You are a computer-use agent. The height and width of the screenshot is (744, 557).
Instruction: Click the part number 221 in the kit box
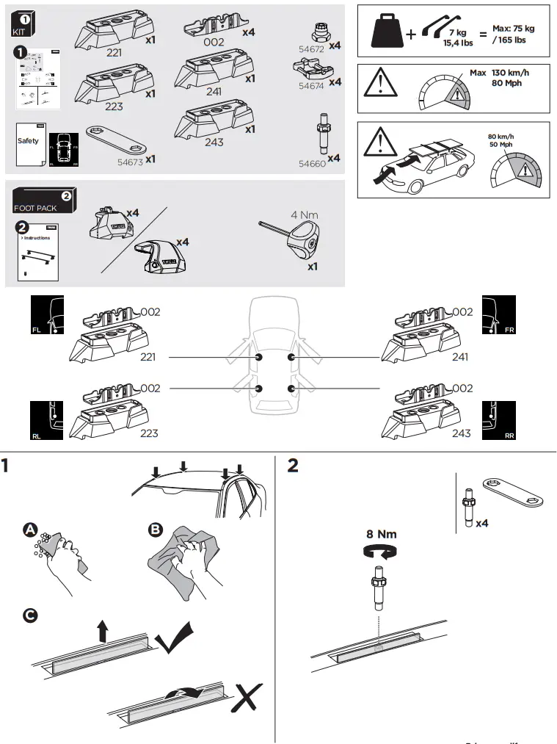point(114,54)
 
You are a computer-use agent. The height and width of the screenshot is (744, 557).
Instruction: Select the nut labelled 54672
point(320,33)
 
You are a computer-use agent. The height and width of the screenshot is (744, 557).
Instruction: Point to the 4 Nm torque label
point(304,214)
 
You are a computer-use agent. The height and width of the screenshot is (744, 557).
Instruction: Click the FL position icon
point(47,317)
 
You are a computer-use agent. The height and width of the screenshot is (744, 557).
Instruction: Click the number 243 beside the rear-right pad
point(461,433)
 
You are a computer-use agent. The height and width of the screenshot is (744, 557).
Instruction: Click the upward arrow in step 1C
point(102,629)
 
